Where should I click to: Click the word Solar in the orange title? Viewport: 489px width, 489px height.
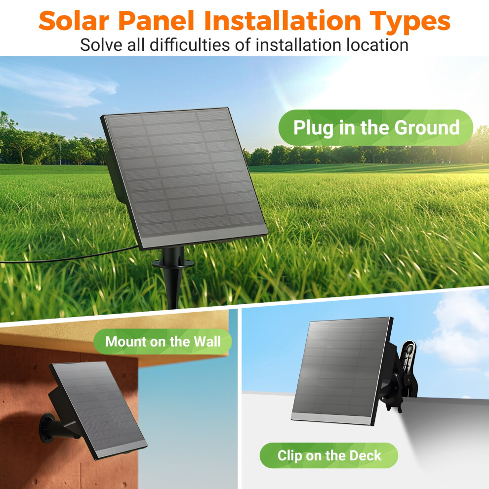pyautogui.click(x=74, y=21)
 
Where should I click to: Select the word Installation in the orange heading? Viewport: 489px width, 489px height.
pyautogui.click(x=283, y=21)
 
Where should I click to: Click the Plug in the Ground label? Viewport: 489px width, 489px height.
pyautogui.click(x=376, y=127)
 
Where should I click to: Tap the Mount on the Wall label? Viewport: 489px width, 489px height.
pyautogui.click(x=163, y=341)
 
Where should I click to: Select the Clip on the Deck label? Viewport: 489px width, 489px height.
pyautogui.click(x=329, y=455)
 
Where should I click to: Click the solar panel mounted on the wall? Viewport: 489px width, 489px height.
pyautogui.click(x=98, y=410)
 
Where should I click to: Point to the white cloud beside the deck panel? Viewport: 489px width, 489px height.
pyautogui.click(x=455, y=330)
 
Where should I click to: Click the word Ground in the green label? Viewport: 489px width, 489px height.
pyautogui.click(x=427, y=127)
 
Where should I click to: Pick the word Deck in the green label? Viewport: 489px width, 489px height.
pyautogui.click(x=365, y=455)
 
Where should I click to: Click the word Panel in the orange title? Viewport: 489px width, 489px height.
pyautogui.click(x=157, y=21)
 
